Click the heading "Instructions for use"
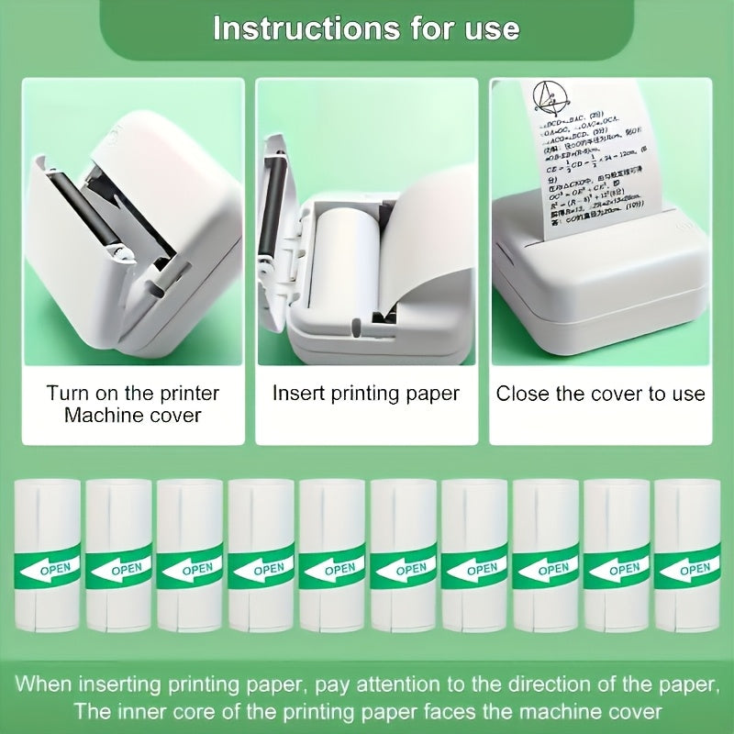pos(366,28)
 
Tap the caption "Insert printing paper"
pos(366,394)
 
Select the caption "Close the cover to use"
pos(601,394)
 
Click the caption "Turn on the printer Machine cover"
pos(133,404)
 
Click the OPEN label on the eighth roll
pos(553,568)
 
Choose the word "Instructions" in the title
pos(293,28)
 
